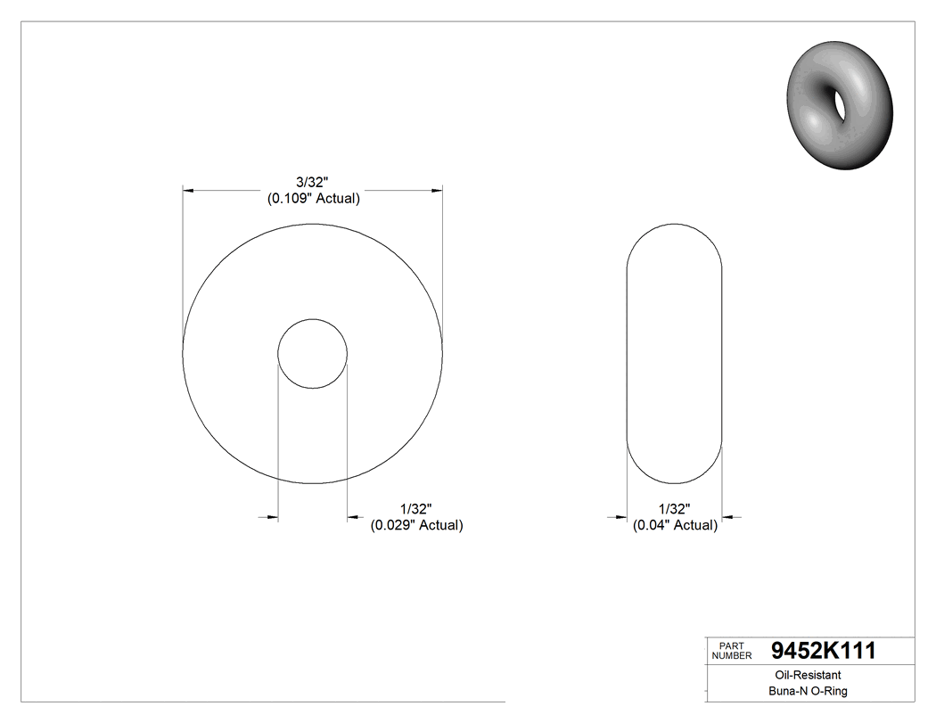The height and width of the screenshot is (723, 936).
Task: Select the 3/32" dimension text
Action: (x=314, y=183)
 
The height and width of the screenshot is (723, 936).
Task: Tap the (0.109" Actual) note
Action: (x=314, y=199)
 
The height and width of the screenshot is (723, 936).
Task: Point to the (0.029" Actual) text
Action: (x=416, y=525)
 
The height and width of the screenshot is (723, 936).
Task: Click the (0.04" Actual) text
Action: (x=675, y=525)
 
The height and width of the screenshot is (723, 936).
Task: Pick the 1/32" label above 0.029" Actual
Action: (x=416, y=509)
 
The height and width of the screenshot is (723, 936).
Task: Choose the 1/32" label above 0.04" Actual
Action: (x=675, y=509)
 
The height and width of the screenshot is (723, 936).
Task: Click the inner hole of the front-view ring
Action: (x=312, y=354)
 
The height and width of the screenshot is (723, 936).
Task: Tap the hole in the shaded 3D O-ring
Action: (x=839, y=102)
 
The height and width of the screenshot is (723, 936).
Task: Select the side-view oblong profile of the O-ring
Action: (x=674, y=354)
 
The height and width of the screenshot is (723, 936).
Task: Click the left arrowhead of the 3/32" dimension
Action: (x=188, y=190)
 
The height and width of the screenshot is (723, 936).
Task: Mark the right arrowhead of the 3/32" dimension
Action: (x=437, y=190)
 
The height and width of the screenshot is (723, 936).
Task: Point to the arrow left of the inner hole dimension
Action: (x=271, y=516)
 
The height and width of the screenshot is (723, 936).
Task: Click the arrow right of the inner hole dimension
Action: (x=354, y=516)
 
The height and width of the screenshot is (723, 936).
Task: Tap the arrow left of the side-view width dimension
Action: (x=620, y=516)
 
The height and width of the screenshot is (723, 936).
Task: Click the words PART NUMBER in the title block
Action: (x=731, y=651)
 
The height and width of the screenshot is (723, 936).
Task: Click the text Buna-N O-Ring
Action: (x=808, y=691)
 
